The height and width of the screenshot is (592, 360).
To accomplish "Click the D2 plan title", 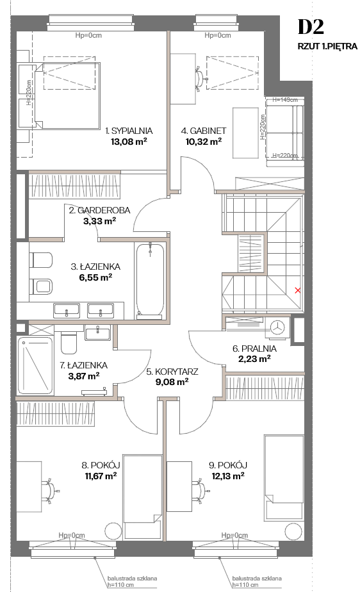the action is point(311,27).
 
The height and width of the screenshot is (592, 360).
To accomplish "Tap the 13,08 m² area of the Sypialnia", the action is point(129,142).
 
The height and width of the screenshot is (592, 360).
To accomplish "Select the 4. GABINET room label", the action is point(204,131).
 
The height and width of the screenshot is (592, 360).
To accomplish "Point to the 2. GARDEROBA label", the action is point(100,210).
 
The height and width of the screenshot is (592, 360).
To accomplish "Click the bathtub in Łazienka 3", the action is point(150,279).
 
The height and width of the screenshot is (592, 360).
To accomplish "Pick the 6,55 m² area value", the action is point(95,277).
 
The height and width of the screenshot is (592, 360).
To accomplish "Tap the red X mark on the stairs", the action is point(298,290).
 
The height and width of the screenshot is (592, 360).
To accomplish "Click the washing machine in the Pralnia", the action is point(278,327).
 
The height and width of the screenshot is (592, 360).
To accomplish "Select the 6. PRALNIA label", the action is point(254,349).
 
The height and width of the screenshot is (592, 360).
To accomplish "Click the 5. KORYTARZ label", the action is point(172,372).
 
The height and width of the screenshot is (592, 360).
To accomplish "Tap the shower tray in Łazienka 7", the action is point(35,365).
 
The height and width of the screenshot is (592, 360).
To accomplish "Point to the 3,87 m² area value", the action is point(84,376).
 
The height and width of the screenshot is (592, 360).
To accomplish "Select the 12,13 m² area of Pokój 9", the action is point(228,475).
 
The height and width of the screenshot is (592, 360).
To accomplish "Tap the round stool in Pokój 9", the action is point(293,532).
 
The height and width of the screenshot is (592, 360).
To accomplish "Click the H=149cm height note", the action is point(285,100).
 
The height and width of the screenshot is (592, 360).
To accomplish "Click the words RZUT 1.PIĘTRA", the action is point(327,46).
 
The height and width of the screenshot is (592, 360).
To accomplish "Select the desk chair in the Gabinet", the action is point(200,79).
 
